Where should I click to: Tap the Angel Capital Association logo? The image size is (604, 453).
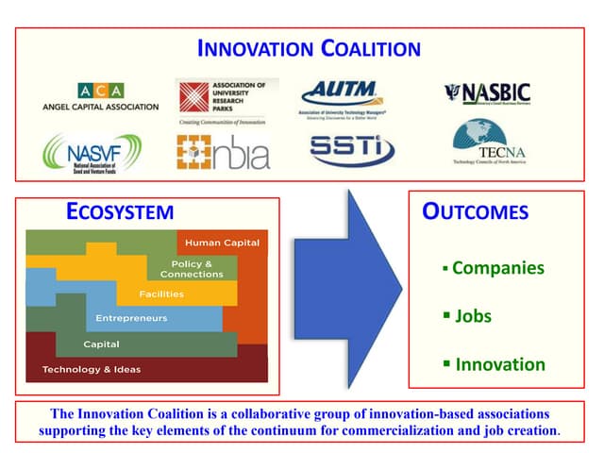[x=101, y=97]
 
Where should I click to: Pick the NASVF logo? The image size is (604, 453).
[x=92, y=153]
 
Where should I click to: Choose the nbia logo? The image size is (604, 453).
[x=223, y=152]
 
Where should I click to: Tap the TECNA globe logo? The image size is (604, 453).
[x=488, y=145]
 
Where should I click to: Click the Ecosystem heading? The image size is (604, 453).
[x=120, y=211]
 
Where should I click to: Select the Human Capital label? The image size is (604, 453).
[x=222, y=243]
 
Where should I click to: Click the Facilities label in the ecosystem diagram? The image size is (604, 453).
[x=161, y=294]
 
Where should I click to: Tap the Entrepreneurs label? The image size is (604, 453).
[x=131, y=318]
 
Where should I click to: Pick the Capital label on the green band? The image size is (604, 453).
[x=101, y=344]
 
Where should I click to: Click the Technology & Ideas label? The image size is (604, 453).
[x=92, y=369]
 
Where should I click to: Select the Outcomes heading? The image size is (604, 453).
[x=475, y=211]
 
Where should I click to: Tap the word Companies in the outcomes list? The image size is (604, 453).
[x=498, y=268]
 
